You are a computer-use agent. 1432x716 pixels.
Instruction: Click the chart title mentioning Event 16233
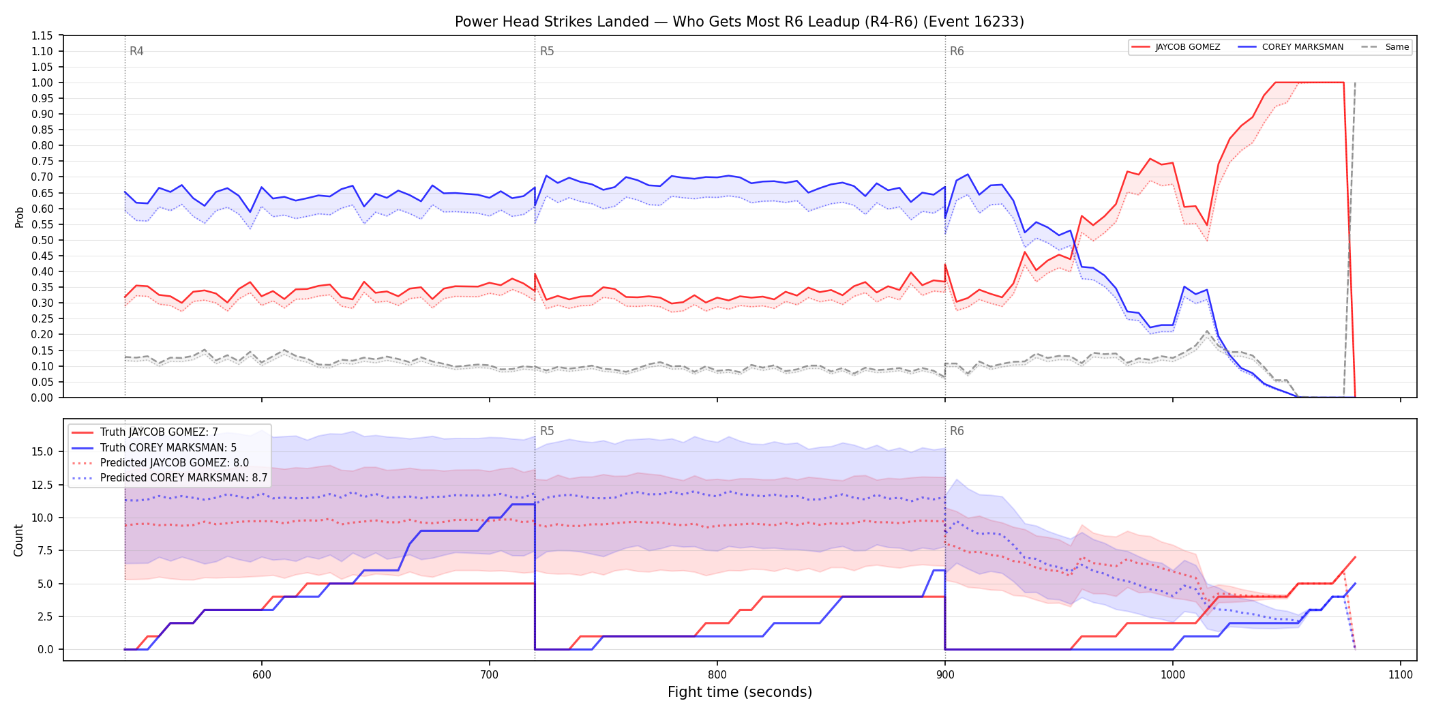coord(739,22)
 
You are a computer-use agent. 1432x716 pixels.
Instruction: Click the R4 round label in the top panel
coord(136,51)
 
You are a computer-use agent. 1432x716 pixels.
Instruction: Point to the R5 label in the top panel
coord(547,51)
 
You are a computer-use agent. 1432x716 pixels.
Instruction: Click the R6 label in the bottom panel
coord(957,431)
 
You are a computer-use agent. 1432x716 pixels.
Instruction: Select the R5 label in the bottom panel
coord(547,431)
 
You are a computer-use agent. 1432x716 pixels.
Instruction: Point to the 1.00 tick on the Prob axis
coord(42,83)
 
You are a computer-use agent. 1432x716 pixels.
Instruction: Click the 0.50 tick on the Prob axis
coord(42,240)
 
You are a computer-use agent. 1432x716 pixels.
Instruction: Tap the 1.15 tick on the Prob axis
coord(42,35)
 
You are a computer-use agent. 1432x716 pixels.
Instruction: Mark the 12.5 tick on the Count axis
coord(42,485)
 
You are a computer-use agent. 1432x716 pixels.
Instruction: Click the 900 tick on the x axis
coord(945,675)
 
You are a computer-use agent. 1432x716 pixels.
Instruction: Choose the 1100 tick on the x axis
coord(1401,675)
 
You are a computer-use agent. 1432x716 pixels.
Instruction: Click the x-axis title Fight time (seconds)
coord(740,692)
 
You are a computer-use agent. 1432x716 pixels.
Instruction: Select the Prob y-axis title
coord(20,217)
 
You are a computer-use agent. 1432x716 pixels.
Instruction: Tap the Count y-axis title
coord(18,540)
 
